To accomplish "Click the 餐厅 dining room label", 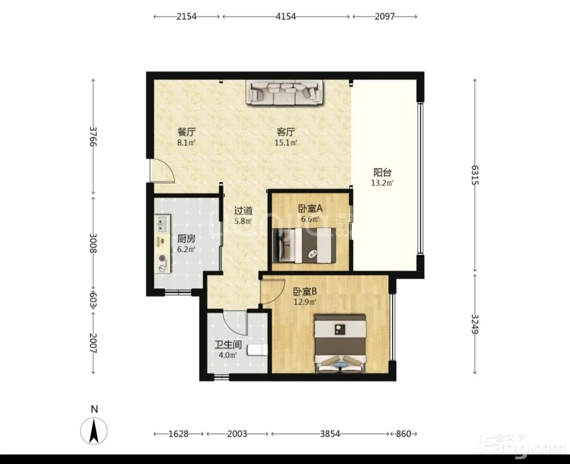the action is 186,131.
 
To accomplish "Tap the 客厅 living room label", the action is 286,132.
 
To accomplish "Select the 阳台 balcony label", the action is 382,172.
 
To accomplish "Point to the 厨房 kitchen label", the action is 186,238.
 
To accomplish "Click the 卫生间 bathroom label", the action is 228,344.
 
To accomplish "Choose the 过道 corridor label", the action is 243,210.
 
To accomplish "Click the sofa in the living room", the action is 286,93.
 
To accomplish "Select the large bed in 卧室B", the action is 340,343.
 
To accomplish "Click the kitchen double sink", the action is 163,224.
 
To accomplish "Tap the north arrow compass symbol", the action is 94,431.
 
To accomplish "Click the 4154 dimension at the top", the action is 286,16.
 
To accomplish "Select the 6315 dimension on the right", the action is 475,175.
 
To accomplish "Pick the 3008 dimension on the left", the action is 93,243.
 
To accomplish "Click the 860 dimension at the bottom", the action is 404,434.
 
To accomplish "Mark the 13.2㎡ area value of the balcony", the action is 382,183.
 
